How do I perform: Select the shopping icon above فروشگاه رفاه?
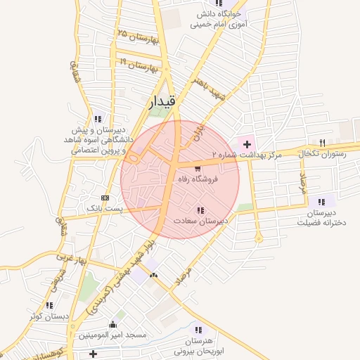198,169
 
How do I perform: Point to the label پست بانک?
104,209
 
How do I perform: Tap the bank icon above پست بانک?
105,198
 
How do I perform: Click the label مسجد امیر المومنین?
112,335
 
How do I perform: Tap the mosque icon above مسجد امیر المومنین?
112,324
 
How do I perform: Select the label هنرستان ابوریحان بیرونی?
202,344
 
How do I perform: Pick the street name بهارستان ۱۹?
137,66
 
